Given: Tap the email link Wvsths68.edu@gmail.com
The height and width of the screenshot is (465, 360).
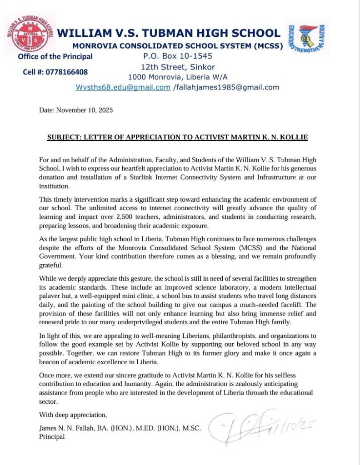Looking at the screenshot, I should click(x=123, y=87).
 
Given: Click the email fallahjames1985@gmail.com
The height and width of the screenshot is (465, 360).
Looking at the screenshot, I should click(x=227, y=87).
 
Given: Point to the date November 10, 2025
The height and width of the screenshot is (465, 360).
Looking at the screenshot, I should click(x=75, y=110).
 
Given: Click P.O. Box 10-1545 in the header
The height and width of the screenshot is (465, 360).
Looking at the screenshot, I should click(x=177, y=56).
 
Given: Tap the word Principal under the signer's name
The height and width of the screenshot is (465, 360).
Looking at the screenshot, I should click(x=52, y=436).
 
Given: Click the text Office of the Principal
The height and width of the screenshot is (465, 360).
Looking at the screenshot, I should click(x=55, y=57).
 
